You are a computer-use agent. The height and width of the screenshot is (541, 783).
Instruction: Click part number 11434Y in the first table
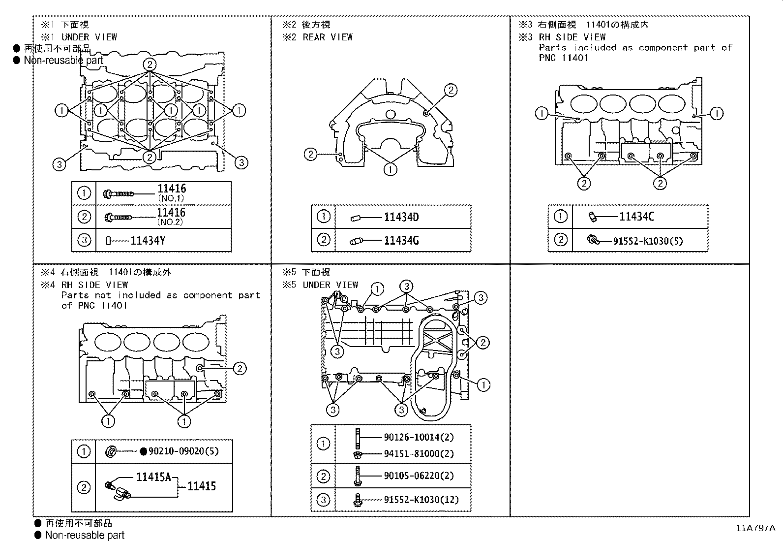coord(148,241)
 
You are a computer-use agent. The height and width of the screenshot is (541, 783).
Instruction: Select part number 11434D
coord(401,217)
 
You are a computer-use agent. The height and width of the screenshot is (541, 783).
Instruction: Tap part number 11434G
coord(401,241)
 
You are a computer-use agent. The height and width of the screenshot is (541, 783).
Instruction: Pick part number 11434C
coord(637,217)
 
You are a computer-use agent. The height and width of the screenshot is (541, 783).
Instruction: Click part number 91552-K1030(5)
coord(648,241)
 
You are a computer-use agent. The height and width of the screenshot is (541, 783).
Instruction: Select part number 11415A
coord(153,477)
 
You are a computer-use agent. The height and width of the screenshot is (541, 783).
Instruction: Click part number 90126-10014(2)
coord(419,437)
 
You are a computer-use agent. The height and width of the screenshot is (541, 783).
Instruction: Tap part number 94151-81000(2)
coord(419,453)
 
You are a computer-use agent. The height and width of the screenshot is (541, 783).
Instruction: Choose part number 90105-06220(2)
coord(419,476)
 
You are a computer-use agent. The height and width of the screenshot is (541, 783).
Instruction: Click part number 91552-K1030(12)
coord(421,500)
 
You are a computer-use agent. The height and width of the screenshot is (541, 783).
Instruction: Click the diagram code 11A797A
coord(755,528)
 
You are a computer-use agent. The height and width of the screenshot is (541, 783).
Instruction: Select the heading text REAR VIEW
coord(328,37)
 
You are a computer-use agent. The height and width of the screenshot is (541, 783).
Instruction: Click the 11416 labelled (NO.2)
coord(171,213)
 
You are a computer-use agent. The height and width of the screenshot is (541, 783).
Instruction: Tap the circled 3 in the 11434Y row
coord(84,240)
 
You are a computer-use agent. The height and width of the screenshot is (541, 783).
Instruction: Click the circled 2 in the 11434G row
coord(323,240)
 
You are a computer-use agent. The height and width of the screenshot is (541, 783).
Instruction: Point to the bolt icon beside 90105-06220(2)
coord(358,476)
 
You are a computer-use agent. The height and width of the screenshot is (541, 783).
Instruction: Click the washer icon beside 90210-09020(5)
coord(111,451)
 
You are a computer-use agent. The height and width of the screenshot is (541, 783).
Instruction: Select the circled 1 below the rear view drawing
coord(390,170)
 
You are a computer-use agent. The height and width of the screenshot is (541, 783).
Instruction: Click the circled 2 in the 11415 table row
coord(84,487)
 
